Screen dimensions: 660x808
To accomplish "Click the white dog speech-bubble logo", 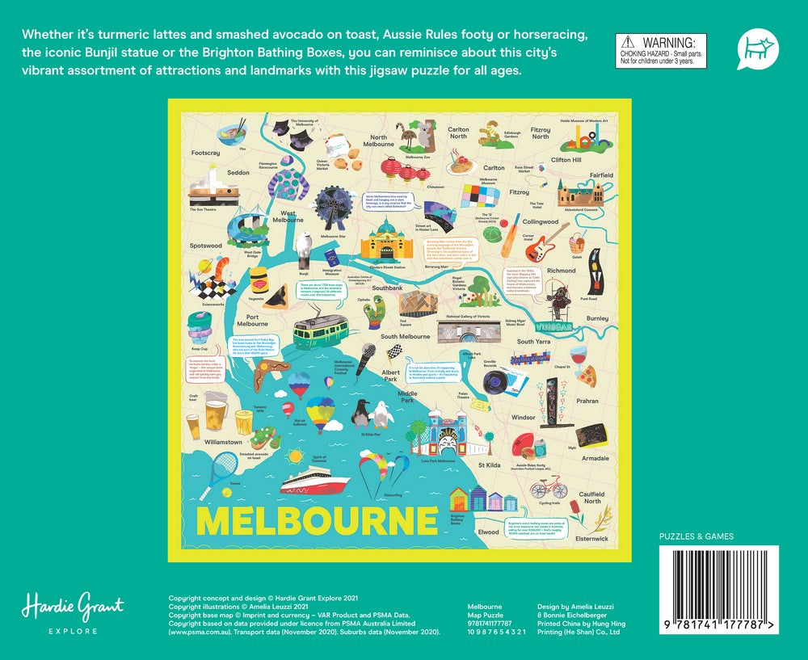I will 756,49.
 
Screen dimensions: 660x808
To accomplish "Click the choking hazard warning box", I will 661,51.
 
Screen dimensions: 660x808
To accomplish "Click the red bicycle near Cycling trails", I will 549,488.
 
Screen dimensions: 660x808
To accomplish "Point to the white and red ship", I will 314,482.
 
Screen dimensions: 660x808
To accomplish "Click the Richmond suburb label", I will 562,271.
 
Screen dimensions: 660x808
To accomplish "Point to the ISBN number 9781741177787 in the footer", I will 490,624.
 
